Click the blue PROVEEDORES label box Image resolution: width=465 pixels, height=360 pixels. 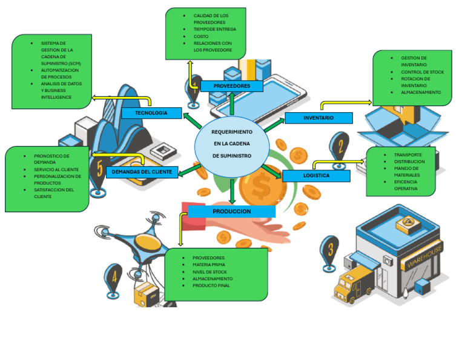coord(232,86)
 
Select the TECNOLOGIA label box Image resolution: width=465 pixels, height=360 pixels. coord(151,113)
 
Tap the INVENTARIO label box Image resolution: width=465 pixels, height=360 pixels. coord(318,118)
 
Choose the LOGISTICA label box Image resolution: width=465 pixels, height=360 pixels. coord(316,176)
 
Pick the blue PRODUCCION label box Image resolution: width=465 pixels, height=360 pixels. coord(232,212)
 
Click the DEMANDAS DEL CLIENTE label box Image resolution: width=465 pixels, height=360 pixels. coord(143,172)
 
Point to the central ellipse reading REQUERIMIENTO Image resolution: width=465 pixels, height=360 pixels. coord(232,144)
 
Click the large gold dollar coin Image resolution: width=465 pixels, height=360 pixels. coord(261,188)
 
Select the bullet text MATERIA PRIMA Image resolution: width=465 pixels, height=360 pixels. coord(209,265)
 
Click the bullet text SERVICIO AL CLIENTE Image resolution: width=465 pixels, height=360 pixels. coord(56,170)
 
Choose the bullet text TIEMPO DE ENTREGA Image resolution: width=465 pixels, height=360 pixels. coord(214,29)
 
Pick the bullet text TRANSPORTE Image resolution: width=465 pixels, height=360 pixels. coord(407,155)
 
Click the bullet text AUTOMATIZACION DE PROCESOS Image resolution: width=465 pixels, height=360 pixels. coord(59,73)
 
